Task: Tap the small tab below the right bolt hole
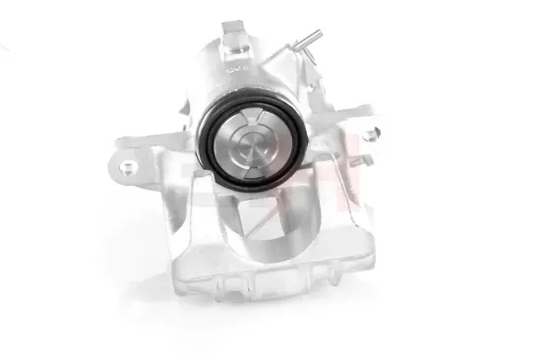click(366, 160)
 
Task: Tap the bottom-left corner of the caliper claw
click(177, 285)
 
